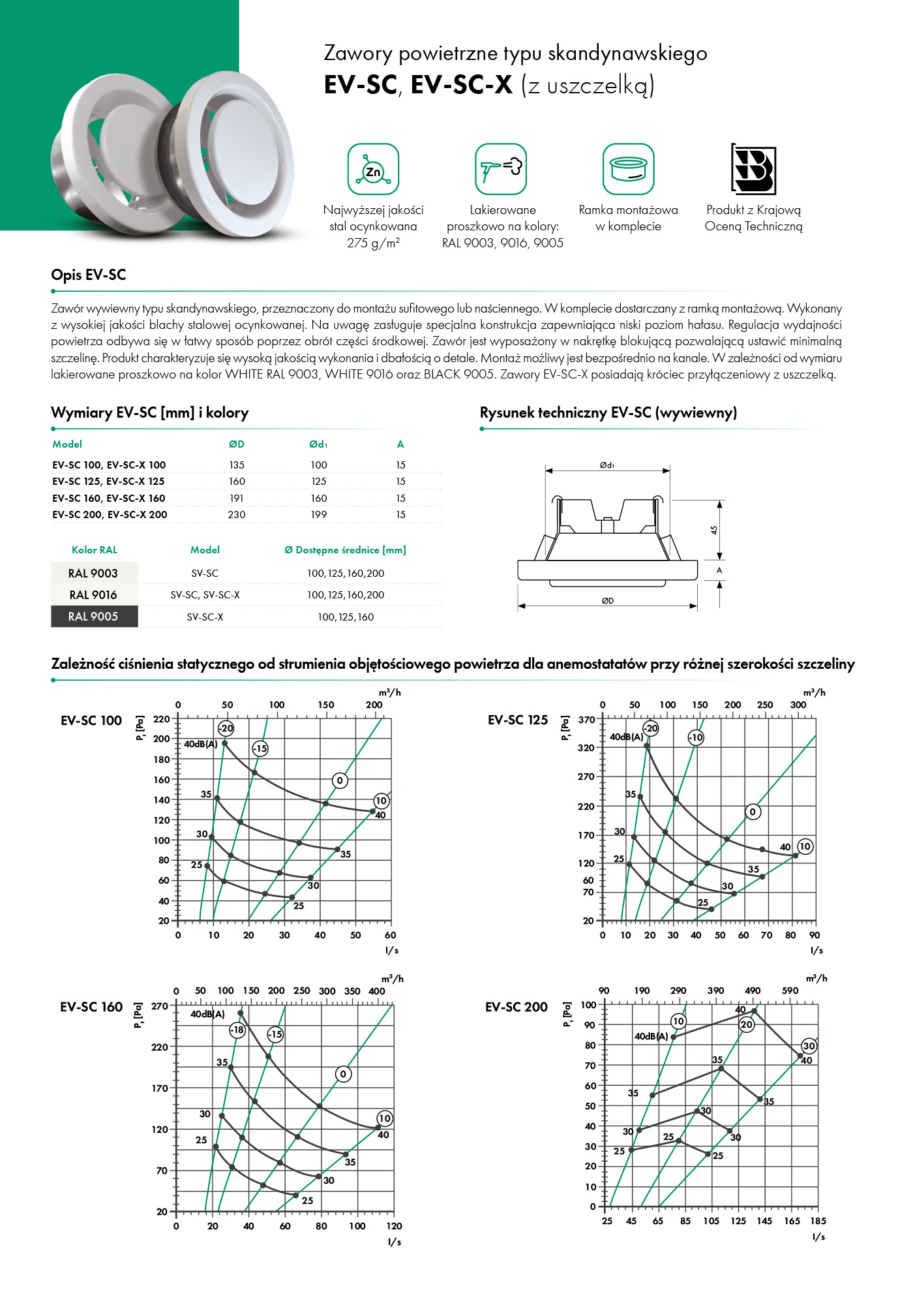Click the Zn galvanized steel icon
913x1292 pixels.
click(x=373, y=169)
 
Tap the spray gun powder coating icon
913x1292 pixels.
click(x=500, y=169)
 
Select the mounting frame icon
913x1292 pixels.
click(x=628, y=169)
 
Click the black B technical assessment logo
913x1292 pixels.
click(x=753, y=169)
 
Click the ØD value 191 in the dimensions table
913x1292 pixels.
click(x=237, y=498)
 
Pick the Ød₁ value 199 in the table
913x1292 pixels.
click(x=319, y=515)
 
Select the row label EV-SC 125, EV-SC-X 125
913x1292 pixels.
click(x=108, y=482)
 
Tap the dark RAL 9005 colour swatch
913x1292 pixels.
click(x=94, y=617)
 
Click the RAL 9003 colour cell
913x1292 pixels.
click(x=94, y=574)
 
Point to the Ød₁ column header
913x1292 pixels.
click(x=318, y=444)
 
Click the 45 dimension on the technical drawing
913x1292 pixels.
click(x=714, y=530)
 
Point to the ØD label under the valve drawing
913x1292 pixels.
click(x=607, y=601)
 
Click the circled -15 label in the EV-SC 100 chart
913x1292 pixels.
click(x=260, y=748)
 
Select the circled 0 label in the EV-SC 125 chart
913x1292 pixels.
click(x=753, y=812)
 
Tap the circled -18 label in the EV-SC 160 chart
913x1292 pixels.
click(x=237, y=1030)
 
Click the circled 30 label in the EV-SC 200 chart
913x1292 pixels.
click(x=809, y=1046)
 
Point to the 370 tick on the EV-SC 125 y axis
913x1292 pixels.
click(x=586, y=720)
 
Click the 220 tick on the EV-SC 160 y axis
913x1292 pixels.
click(x=160, y=1047)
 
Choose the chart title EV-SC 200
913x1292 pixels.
click(x=516, y=1007)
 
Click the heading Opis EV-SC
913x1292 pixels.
click(x=89, y=275)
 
